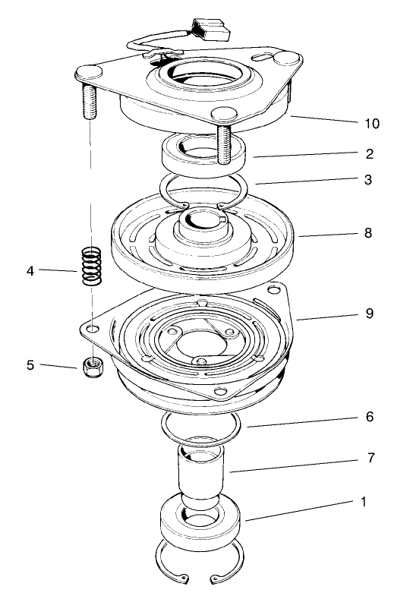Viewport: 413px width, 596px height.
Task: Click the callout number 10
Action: (x=372, y=123)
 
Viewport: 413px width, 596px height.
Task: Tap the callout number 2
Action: (x=369, y=154)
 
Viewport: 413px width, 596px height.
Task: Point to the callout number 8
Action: (x=367, y=234)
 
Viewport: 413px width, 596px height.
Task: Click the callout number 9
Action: (x=367, y=313)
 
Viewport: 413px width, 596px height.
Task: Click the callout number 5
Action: (x=30, y=365)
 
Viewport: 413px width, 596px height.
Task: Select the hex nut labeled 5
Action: (x=92, y=368)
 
